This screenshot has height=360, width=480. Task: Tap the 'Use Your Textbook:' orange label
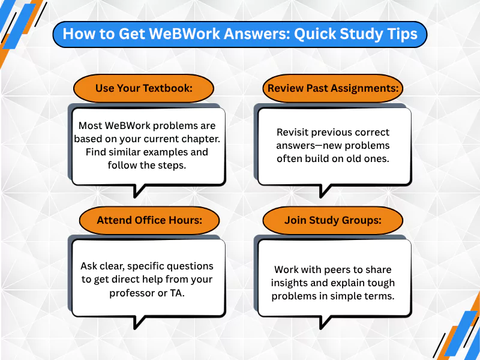pos(143,88)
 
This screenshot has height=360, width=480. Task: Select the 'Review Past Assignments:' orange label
pos(333,88)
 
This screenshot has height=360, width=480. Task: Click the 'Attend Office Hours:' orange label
pos(149,220)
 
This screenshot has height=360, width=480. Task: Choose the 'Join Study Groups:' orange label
pos(333,220)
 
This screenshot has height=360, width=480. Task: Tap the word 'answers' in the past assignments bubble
pos(296,146)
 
